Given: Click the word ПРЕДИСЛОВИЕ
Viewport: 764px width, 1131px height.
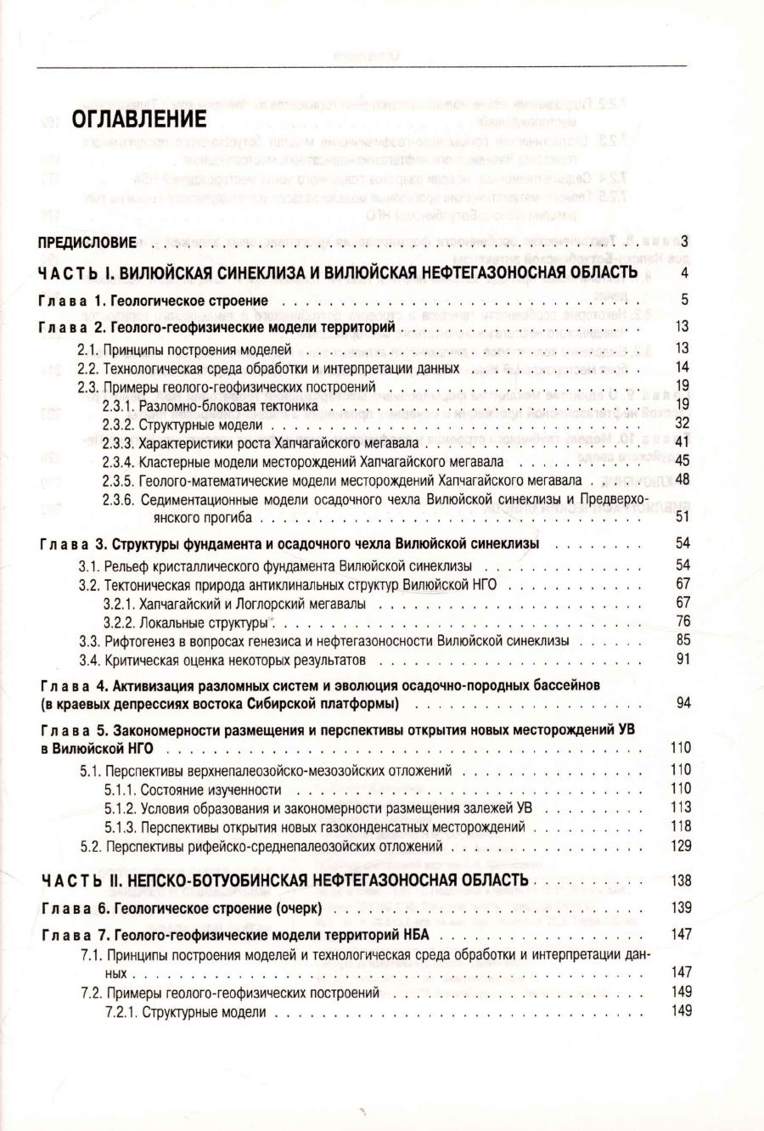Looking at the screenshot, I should click(87, 243).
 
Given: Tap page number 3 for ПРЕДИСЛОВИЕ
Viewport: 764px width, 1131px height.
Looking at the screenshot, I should click(684, 242).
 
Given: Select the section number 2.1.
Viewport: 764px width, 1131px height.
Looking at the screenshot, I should click(89, 349).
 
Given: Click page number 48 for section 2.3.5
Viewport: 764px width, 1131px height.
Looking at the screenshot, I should click(682, 481).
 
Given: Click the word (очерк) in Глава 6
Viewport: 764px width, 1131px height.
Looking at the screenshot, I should click(296, 909).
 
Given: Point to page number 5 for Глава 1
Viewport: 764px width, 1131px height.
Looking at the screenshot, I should click(684, 300).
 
